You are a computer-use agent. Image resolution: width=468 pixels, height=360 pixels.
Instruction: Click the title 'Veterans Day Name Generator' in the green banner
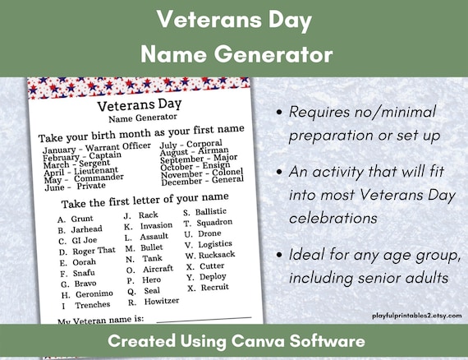pos(234,37)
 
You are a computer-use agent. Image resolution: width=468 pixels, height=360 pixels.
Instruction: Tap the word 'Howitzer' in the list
pos(160,302)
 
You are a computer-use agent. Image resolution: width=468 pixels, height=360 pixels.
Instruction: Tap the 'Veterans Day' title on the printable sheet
pos(137,105)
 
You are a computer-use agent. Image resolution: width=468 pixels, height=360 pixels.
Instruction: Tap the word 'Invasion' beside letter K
pos(156,226)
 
